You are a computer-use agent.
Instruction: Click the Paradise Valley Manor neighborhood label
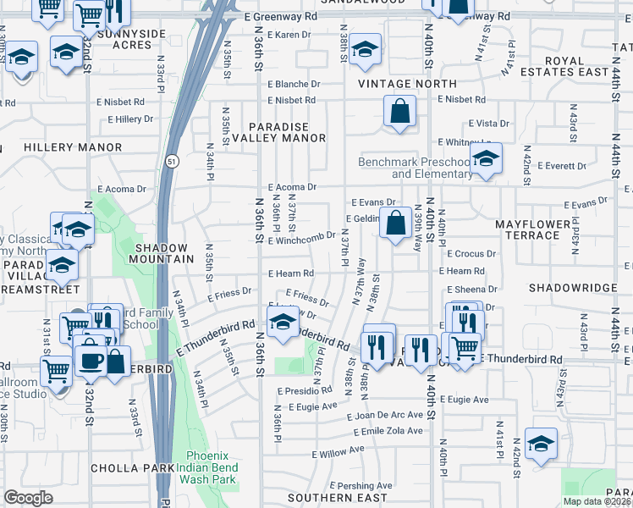point(286,132)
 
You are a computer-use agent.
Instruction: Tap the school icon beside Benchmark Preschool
point(486,158)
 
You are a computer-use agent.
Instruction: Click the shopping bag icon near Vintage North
point(399,111)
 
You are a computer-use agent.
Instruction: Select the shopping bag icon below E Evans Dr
point(395,224)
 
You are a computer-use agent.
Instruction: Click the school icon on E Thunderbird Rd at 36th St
point(283,321)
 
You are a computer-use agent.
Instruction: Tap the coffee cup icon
point(91,360)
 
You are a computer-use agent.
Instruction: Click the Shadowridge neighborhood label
point(572,288)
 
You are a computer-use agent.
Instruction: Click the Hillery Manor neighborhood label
point(73,147)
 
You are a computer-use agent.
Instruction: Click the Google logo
point(28,498)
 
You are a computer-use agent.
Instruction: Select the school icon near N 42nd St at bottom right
point(541,444)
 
